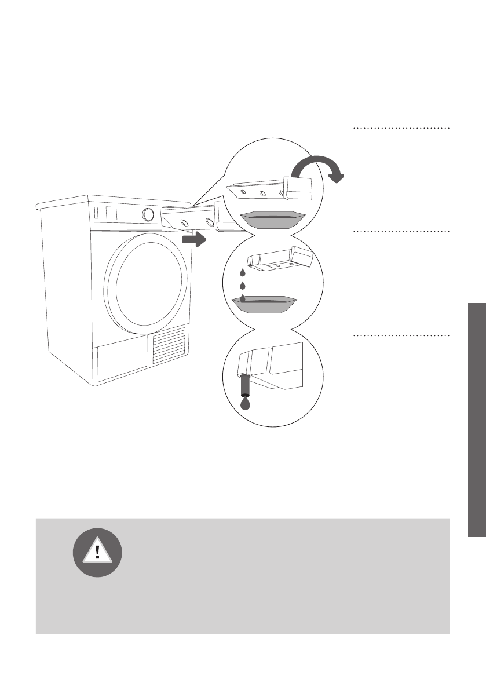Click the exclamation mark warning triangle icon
point(97,552)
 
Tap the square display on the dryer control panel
point(112,212)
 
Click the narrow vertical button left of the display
point(97,213)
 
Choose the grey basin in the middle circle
point(264,304)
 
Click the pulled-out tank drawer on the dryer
point(197,219)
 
